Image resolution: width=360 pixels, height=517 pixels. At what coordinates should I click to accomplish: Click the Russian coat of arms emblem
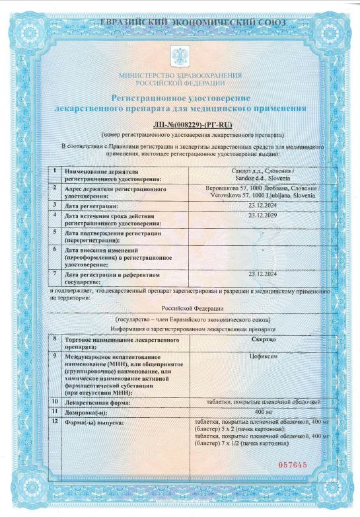[180, 54]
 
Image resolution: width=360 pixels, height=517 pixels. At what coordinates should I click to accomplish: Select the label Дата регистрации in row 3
[90, 206]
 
